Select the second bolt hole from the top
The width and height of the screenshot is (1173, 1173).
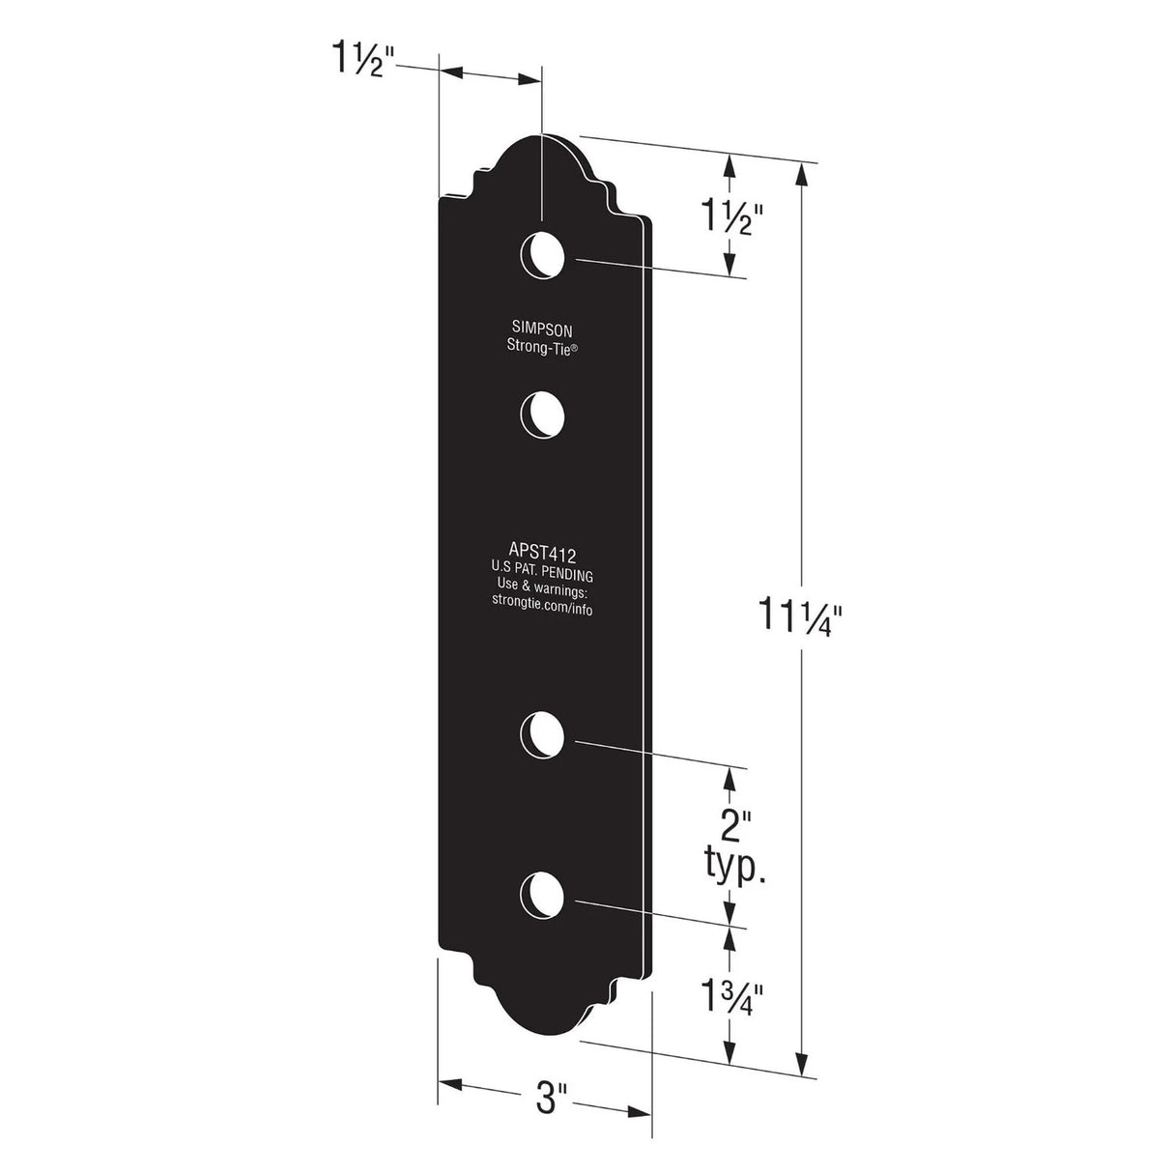tap(543, 415)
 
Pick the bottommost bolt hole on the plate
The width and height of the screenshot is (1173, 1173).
tap(543, 895)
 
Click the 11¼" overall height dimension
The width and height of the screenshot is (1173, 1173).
tap(805, 615)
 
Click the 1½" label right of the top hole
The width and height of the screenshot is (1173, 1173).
tap(732, 221)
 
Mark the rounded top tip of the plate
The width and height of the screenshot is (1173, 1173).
tap(543, 139)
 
